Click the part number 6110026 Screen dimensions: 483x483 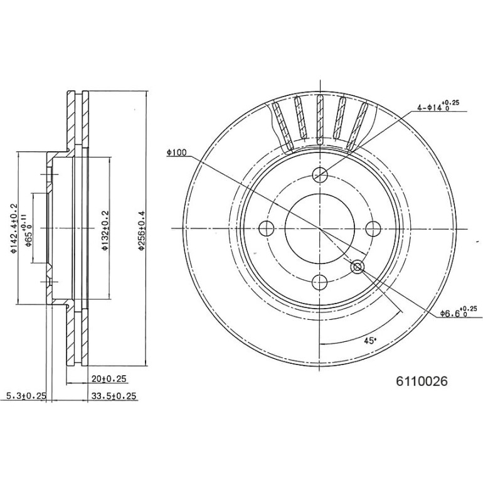pos(422,381)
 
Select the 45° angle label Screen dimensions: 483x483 pos(370,341)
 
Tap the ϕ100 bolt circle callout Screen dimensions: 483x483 pos(178,152)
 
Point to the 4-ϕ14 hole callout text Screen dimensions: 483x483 pos(438,105)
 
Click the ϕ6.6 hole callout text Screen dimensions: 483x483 pos(459,312)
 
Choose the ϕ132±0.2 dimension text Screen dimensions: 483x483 pos(105,230)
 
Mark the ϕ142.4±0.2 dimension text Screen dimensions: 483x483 pos(14,228)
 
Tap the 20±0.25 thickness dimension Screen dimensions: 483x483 pos(109,379)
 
